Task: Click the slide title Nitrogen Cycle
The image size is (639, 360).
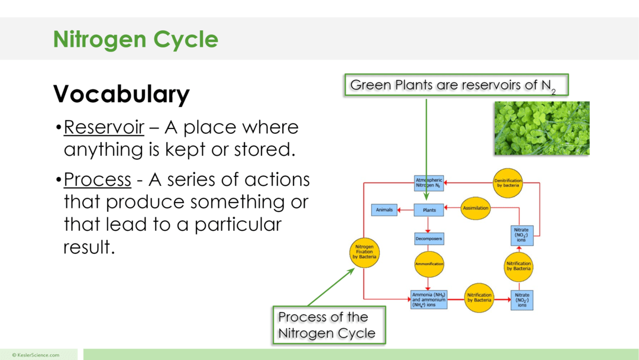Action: [135, 40]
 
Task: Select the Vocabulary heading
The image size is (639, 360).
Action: [121, 94]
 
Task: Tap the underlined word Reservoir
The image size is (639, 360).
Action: [104, 127]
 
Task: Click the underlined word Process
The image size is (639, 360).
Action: [97, 179]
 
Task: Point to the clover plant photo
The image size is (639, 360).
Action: [541, 128]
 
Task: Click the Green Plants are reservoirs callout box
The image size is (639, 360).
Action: [456, 85]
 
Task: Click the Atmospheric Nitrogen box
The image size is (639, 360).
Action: [428, 183]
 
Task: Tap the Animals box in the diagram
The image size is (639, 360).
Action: [383, 210]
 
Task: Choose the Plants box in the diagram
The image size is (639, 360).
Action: [428, 210]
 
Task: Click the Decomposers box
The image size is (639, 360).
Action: [428, 239]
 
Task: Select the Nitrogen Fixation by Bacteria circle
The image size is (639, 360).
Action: [364, 252]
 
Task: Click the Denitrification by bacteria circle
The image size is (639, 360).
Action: [508, 182]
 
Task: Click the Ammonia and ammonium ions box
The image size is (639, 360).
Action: [428, 300]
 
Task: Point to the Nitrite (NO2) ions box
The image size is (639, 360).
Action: [522, 300]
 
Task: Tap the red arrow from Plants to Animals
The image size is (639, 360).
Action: [405, 210]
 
